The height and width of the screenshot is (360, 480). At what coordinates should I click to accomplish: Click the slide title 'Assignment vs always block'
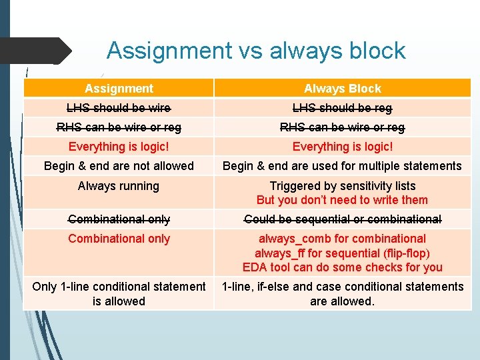pyautogui.click(x=256, y=51)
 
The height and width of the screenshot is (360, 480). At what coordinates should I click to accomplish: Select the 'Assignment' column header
pyautogui.click(x=119, y=89)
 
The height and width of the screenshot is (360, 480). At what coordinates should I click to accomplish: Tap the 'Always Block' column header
pyautogui.click(x=343, y=89)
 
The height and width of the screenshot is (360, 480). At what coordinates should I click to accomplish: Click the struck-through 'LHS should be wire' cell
pyautogui.click(x=119, y=108)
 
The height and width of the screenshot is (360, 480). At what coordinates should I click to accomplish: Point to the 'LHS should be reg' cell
pyautogui.click(x=343, y=108)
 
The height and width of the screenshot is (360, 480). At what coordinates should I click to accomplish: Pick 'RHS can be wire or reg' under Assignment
pyautogui.click(x=119, y=127)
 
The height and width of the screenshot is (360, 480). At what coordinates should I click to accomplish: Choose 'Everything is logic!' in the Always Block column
pyautogui.click(x=343, y=147)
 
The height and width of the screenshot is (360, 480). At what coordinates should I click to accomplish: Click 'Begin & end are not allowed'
pyautogui.click(x=119, y=166)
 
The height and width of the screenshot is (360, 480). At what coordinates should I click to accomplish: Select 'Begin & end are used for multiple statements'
pyautogui.click(x=342, y=166)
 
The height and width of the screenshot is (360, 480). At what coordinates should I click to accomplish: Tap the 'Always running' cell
pyautogui.click(x=119, y=186)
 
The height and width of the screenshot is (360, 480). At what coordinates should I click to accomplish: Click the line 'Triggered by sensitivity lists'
pyautogui.click(x=343, y=186)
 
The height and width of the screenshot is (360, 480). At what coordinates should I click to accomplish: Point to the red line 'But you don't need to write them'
pyautogui.click(x=343, y=200)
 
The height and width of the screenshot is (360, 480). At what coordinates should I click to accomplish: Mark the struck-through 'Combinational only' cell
pyautogui.click(x=119, y=219)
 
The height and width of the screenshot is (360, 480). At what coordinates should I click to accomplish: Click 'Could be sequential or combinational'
pyautogui.click(x=343, y=219)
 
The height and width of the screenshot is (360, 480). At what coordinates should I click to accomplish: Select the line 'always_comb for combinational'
pyautogui.click(x=343, y=239)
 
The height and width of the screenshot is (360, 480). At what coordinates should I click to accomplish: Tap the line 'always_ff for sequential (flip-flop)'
pyautogui.click(x=343, y=253)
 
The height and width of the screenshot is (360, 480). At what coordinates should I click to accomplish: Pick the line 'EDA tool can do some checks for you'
pyautogui.click(x=343, y=267)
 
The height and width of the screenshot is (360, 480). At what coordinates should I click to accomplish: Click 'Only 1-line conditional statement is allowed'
pyautogui.click(x=119, y=294)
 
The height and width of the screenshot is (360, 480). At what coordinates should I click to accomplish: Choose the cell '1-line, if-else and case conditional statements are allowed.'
pyautogui.click(x=343, y=294)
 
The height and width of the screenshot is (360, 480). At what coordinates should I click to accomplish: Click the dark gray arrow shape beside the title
pyautogui.click(x=37, y=51)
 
